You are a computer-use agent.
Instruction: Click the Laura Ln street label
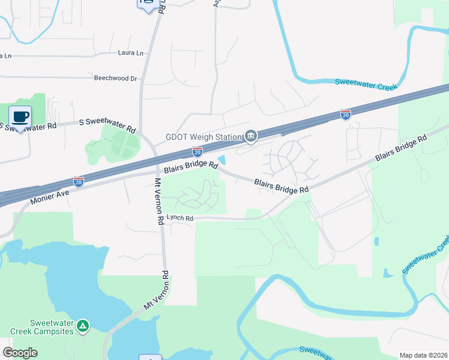coord(131,53)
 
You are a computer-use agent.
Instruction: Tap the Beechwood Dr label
coord(115,78)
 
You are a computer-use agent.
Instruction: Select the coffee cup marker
coord(20,116)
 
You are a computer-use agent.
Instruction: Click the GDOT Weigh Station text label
coord(203,137)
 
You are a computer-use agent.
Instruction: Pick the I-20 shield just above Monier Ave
coord(79,181)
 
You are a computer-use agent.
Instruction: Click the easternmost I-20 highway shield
coord(345,114)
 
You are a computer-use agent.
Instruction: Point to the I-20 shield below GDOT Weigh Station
coord(197,151)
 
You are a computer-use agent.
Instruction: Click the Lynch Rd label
coord(180,218)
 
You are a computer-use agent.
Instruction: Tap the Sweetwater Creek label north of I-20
coord(366,86)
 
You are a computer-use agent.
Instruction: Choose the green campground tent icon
coord(83,326)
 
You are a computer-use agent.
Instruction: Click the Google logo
coord(20,353)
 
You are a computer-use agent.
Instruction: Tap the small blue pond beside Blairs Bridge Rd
coord(222,160)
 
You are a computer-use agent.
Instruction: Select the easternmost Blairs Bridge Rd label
coord(401,147)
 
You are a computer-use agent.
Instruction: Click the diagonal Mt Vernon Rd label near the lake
coord(157,292)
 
